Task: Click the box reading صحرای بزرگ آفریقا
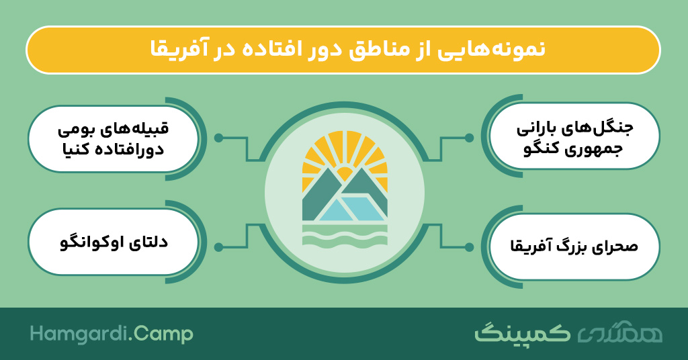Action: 574,246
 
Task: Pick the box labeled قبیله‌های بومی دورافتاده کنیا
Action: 113,138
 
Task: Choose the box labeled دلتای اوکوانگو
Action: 113,242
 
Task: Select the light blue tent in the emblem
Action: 351,209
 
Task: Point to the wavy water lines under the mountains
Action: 345,234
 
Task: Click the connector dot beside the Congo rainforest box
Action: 469,138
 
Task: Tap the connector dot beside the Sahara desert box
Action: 469,247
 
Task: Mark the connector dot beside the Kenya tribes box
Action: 218,138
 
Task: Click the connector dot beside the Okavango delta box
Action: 218,247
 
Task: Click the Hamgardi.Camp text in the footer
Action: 112,334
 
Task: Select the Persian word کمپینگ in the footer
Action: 522,332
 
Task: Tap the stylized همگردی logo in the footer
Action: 619,334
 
